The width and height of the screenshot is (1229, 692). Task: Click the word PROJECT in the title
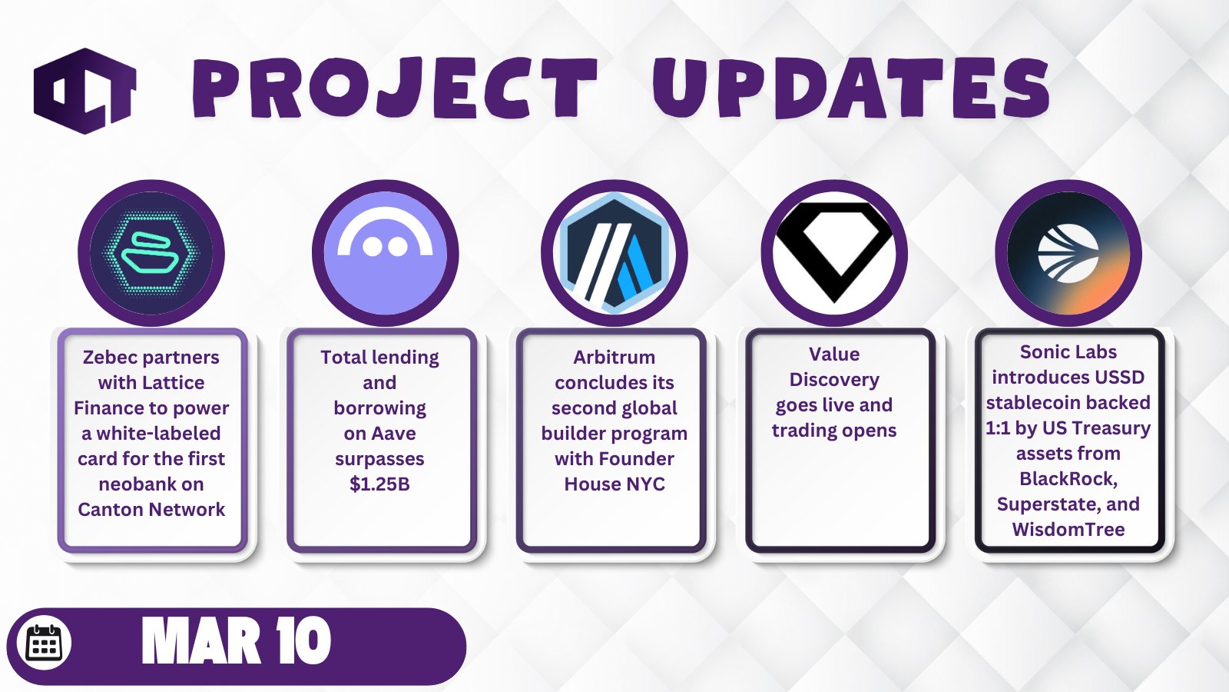(394, 88)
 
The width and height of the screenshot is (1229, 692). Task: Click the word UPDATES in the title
(851, 88)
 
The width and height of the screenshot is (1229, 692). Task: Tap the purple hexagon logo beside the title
(85, 91)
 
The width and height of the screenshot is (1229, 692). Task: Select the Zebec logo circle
(151, 253)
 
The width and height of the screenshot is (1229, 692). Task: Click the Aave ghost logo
(385, 253)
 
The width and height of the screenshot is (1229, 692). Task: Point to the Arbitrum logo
(614, 253)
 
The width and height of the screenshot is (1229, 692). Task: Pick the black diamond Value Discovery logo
(834, 253)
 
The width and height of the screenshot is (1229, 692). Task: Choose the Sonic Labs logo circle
(1068, 253)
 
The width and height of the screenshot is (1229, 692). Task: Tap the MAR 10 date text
(237, 640)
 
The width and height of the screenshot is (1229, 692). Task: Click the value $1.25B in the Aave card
(379, 484)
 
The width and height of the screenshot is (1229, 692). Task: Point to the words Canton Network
(151, 509)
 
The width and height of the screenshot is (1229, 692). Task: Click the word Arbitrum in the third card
(614, 357)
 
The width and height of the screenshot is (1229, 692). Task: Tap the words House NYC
(614, 484)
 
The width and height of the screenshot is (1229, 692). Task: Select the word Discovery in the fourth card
(834, 380)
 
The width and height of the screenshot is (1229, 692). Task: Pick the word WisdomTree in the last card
(1068, 530)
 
